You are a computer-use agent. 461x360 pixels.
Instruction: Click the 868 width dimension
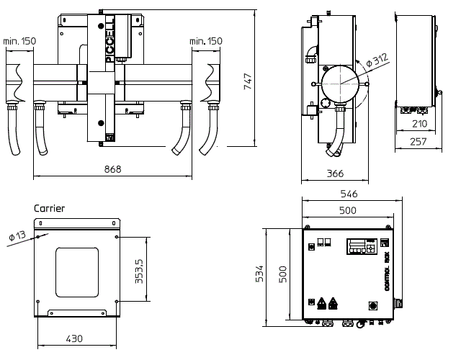112,169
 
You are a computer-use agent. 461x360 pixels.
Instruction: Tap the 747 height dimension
248,81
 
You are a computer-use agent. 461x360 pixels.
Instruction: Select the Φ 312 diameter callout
377,60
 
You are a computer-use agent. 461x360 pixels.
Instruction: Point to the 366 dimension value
335,174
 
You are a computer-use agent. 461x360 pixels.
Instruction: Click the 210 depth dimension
419,124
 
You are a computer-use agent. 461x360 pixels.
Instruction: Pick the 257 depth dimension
418,142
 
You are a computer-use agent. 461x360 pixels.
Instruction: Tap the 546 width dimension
349,194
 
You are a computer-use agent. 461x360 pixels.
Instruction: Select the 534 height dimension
259,274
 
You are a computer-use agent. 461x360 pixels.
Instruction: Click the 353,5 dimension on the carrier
139,271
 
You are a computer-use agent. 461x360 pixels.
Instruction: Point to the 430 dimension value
74,339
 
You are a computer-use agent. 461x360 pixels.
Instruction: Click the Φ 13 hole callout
17,236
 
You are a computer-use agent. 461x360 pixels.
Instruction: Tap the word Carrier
49,208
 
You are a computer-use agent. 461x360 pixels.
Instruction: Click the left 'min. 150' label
19,41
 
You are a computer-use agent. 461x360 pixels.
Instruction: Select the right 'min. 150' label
206,41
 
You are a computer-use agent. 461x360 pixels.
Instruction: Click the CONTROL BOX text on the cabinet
387,271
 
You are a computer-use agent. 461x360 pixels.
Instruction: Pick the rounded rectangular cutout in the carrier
77,272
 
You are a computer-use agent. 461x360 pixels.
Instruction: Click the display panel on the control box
362,246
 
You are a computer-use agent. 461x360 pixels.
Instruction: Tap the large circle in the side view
340,84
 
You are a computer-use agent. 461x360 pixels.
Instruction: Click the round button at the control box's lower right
373,306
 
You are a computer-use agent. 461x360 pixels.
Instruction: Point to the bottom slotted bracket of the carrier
77,312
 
